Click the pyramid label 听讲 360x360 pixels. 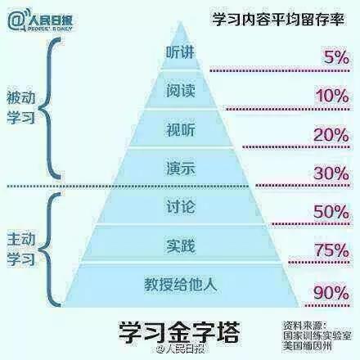tap(180, 52)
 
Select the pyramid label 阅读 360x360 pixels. tap(181, 90)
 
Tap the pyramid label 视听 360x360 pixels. tap(181, 129)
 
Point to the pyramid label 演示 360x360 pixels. tap(181, 168)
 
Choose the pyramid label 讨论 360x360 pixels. tap(181, 206)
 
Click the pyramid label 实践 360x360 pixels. tap(181, 246)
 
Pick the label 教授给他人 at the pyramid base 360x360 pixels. tap(181, 285)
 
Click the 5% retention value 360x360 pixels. tap(336, 57)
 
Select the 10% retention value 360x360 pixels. tap(332, 96)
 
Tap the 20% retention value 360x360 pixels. tap(331, 135)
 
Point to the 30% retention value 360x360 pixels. tap(331, 173)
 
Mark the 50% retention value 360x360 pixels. tap(331, 211)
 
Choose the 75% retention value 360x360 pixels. tap(332, 250)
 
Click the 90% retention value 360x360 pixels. tap(331, 293)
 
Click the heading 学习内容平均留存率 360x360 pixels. tap(278, 20)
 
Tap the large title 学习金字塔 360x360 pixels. tap(179, 332)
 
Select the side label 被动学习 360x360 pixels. tap(20, 107)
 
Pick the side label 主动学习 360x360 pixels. tap(20, 250)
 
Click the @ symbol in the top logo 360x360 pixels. tap(16, 20)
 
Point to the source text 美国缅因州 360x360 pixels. tap(308, 346)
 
